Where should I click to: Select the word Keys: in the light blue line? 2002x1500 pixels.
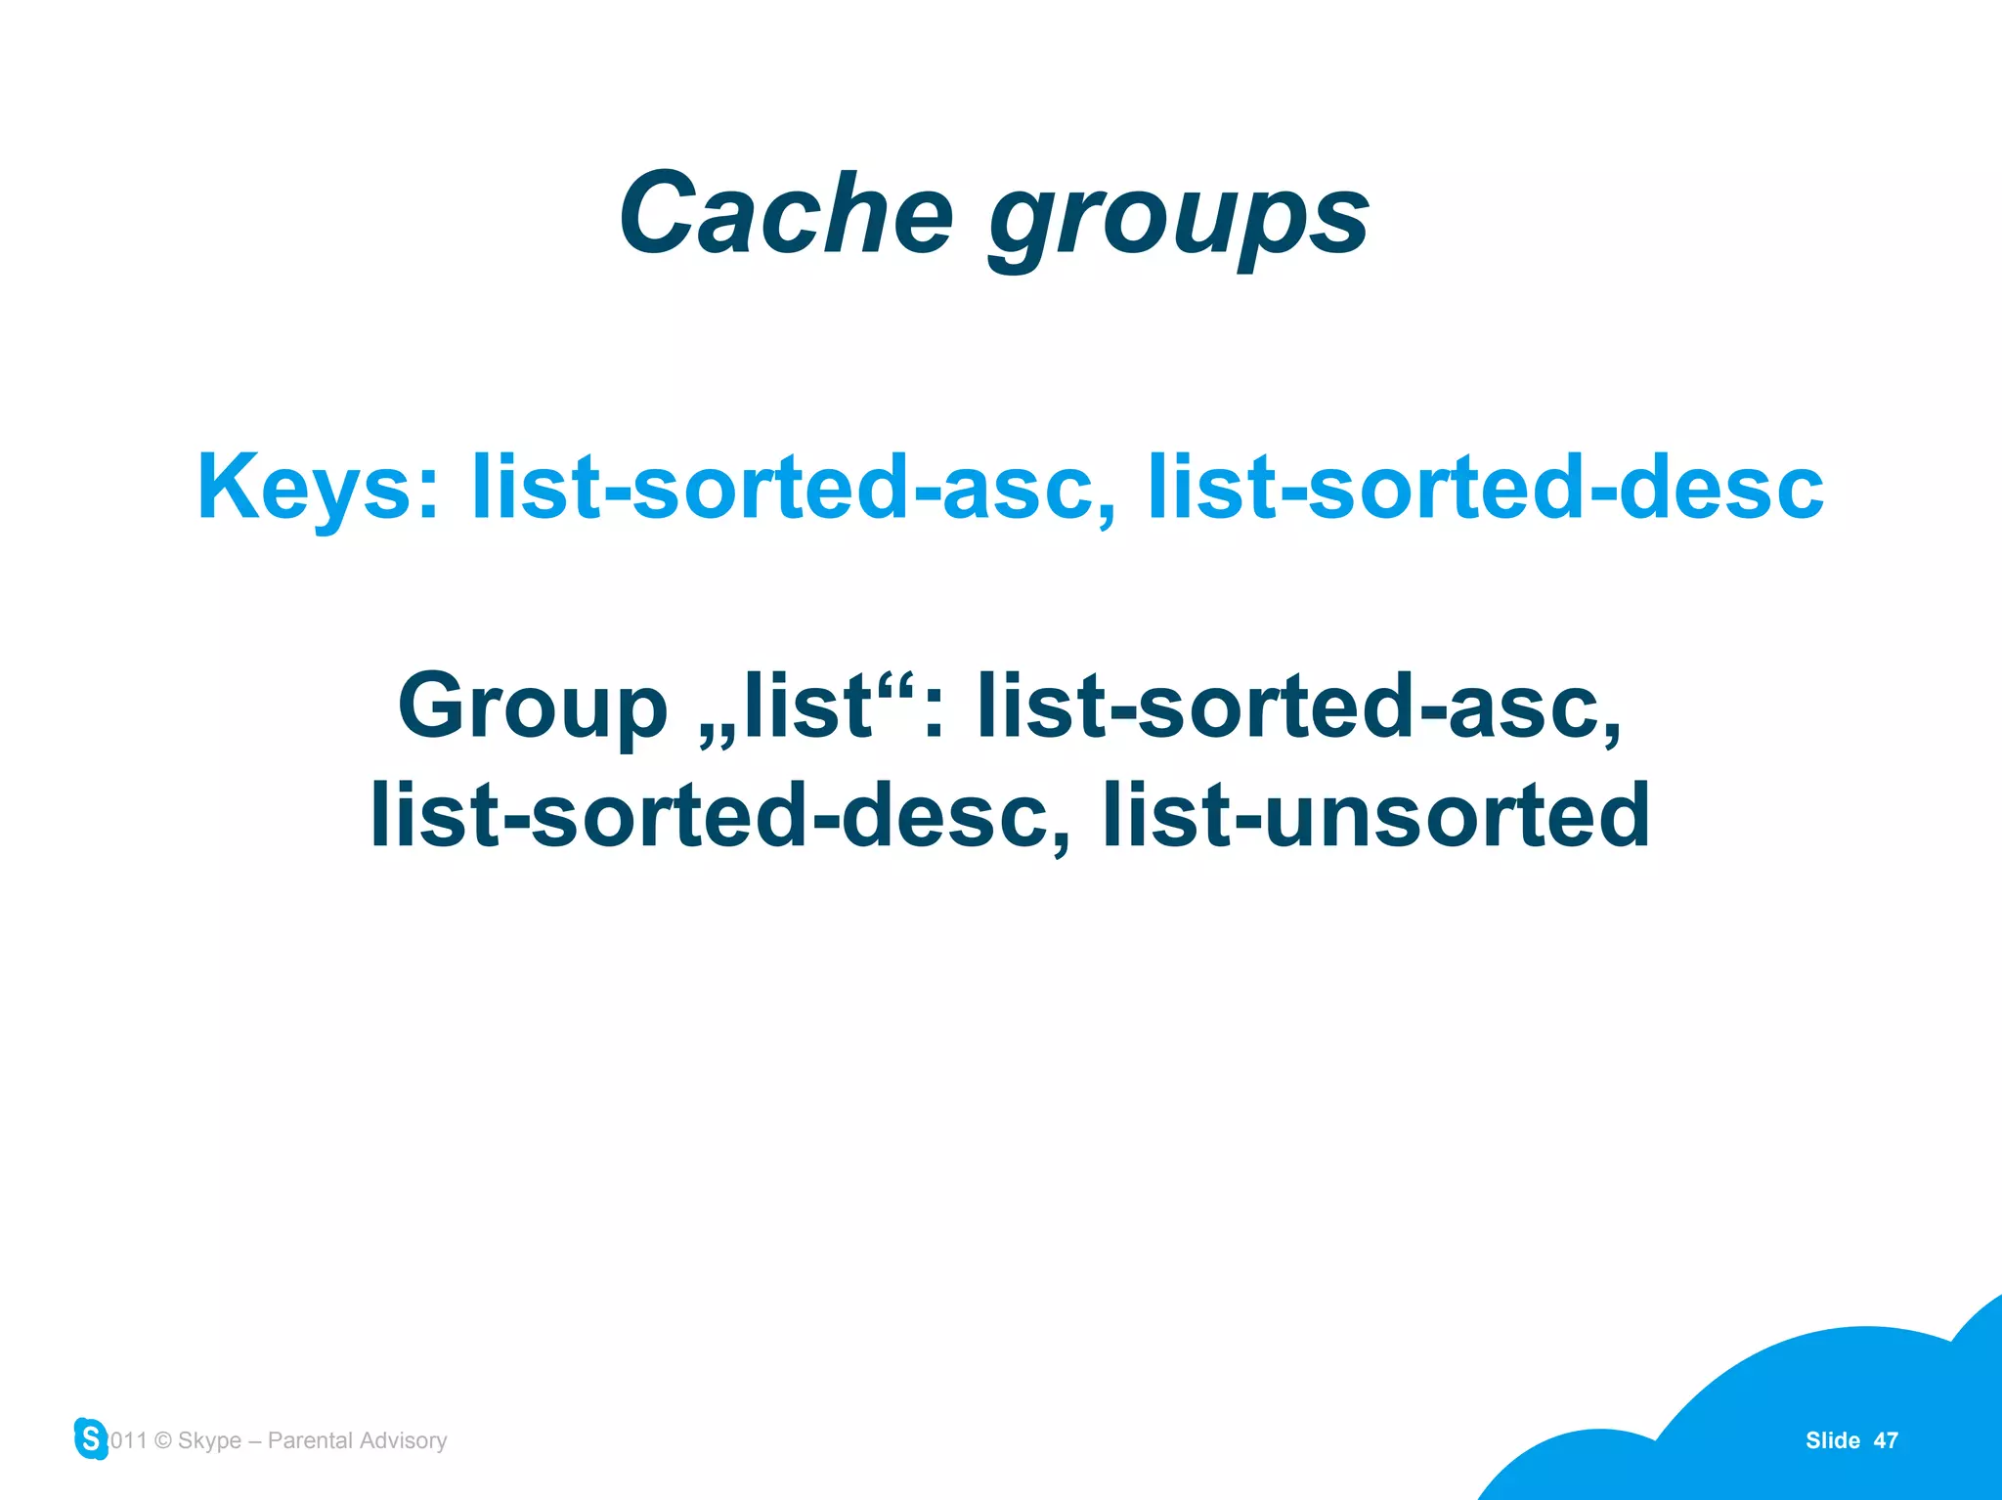point(318,488)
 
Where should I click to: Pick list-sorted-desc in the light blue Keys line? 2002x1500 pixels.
point(1485,488)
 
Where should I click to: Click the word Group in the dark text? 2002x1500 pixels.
point(533,706)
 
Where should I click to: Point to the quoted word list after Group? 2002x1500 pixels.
point(806,706)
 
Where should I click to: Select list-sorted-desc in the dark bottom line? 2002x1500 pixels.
point(718,816)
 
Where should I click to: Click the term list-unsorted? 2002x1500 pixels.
point(1376,816)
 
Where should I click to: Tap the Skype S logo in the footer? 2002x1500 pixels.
point(91,1438)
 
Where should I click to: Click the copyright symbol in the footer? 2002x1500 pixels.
point(163,1440)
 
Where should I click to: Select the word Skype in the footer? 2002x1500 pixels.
point(209,1440)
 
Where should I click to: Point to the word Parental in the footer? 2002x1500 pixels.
point(310,1440)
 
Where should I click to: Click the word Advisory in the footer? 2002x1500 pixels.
point(403,1440)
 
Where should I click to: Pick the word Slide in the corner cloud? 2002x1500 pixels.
point(1832,1440)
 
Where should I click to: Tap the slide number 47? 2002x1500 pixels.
point(1886,1440)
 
